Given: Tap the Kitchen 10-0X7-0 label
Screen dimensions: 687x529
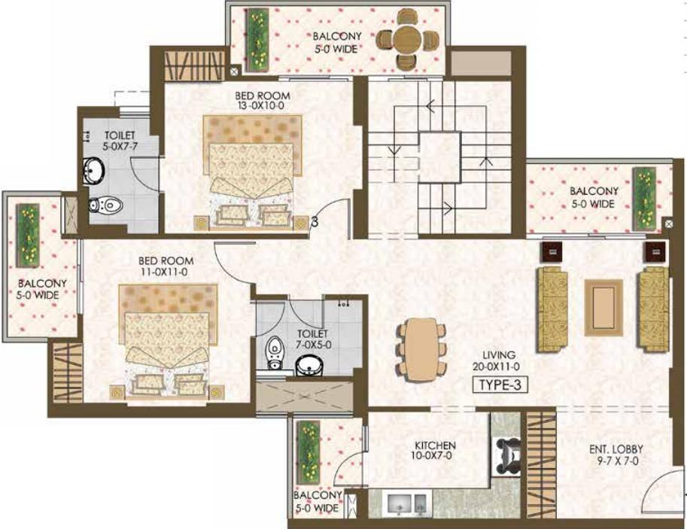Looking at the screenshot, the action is coord(435,450).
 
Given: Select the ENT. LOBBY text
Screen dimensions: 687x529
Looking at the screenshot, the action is coord(616,448).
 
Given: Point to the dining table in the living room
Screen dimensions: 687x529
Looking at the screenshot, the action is coord(421,349).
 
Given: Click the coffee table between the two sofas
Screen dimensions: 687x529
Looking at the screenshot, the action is coord(603,308).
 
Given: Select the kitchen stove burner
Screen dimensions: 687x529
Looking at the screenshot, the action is coord(507,455).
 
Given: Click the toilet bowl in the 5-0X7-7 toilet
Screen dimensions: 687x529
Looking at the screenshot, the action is coord(106,205).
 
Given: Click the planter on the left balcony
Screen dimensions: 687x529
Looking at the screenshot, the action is coord(28,236).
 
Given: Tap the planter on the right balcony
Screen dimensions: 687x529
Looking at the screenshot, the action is coord(644,199).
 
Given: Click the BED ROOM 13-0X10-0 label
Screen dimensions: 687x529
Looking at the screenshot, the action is coord(262,100).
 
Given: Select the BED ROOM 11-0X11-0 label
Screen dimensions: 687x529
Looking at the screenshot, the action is coord(166,266).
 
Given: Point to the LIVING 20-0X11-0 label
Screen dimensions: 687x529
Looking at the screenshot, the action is coord(497,360).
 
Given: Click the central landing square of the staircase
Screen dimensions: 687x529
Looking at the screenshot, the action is coord(439,157).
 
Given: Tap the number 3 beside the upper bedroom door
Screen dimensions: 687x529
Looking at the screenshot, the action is coord(314,222).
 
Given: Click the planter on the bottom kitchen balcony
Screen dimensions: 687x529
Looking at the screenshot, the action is coord(309,450).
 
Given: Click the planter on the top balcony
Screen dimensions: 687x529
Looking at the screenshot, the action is coord(257,40).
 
